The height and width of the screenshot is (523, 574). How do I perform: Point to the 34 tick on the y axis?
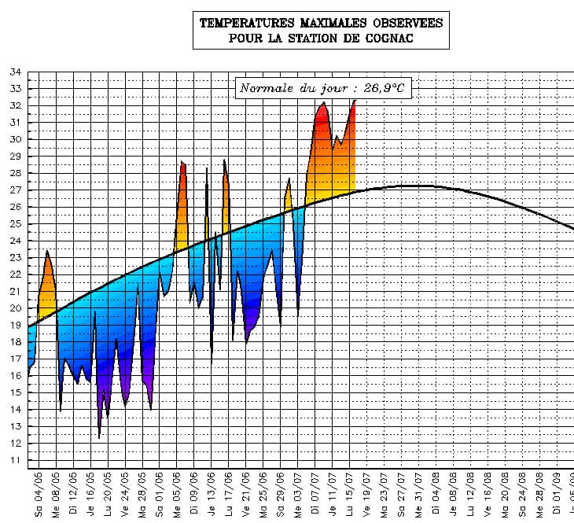[x=15, y=72]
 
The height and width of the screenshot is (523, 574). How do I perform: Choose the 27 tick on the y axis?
[x=15, y=190]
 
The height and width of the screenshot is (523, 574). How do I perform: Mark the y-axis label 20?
[x=15, y=308]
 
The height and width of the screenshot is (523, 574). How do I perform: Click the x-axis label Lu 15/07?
[x=349, y=495]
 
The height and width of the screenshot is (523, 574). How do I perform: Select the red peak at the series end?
[x=355, y=101]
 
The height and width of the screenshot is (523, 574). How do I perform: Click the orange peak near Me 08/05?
[x=47, y=252]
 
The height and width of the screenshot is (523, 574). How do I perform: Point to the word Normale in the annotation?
[x=265, y=88]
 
